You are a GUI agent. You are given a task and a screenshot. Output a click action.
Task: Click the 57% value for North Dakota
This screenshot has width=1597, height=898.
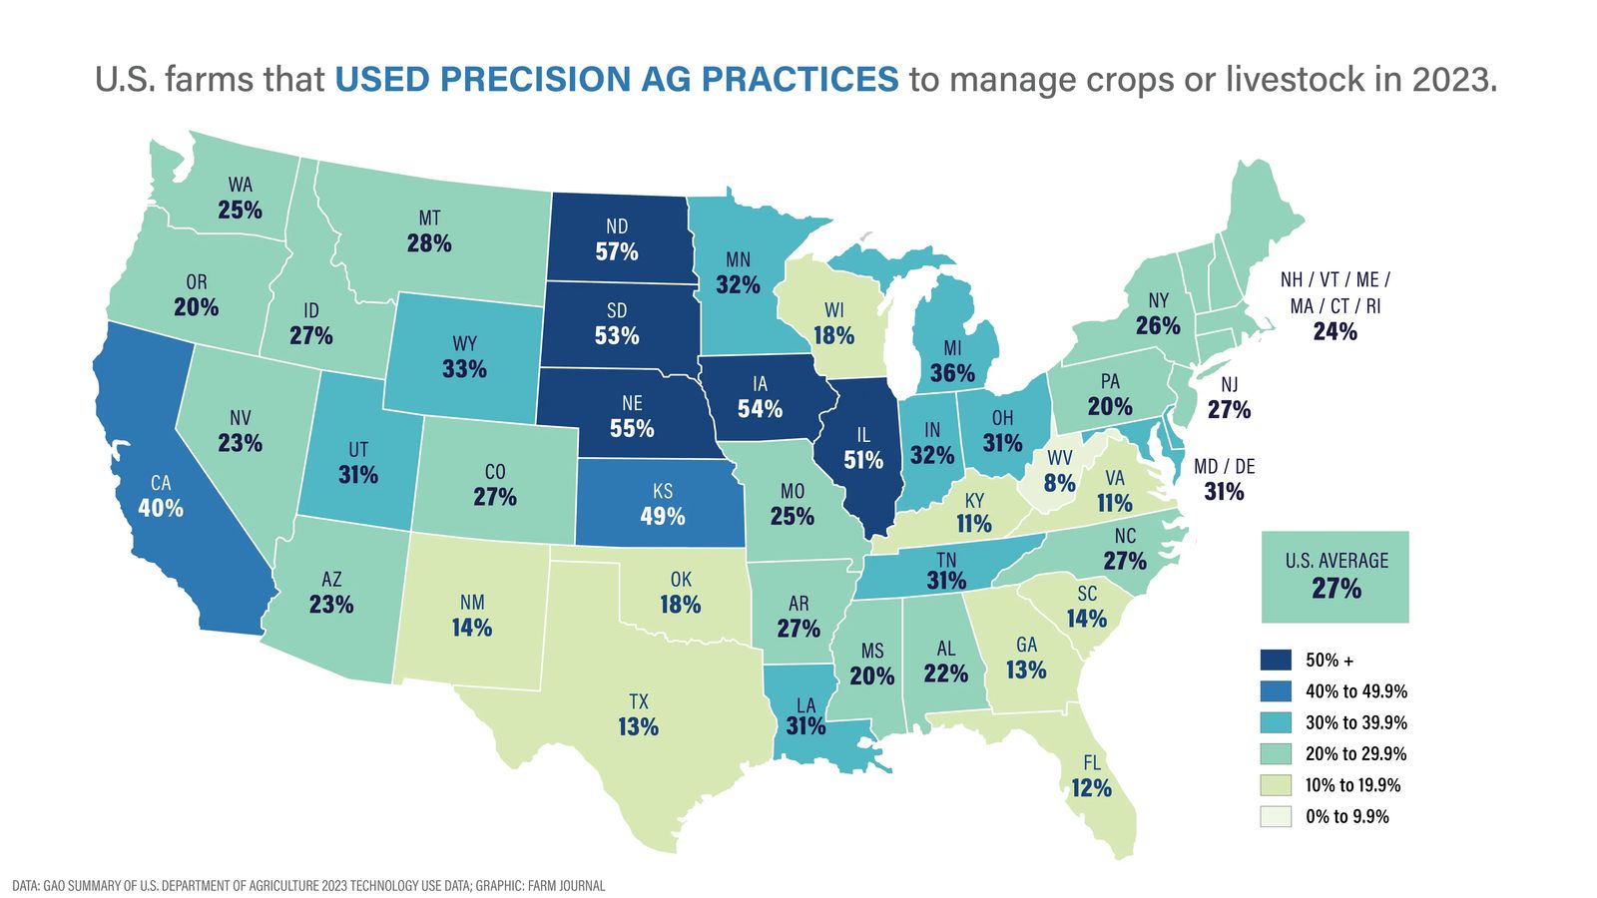coord(617,251)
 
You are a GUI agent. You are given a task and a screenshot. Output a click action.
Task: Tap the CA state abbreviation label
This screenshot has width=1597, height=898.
coord(161,483)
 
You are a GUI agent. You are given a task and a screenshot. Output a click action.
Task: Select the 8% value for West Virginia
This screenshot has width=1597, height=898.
coord(1059,484)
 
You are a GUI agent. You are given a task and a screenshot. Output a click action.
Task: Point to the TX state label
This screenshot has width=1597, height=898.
coord(638,702)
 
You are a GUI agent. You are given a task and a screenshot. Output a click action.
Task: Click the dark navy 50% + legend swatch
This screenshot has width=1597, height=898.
coord(1276,661)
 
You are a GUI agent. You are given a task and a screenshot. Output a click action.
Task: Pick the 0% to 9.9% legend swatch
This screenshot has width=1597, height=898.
coord(1276,816)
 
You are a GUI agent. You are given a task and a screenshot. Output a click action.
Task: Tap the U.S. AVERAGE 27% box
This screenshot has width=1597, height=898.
coord(1335,577)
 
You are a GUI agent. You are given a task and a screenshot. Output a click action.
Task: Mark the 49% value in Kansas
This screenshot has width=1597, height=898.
coord(663,516)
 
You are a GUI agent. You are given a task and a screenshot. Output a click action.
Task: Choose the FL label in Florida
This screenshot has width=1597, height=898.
coord(1092,763)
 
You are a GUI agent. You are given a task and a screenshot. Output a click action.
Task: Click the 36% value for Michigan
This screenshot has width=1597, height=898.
coord(952,373)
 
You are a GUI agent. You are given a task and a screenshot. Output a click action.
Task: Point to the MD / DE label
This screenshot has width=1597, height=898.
coord(1225,467)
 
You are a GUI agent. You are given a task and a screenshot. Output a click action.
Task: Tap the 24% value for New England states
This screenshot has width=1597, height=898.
coord(1334,331)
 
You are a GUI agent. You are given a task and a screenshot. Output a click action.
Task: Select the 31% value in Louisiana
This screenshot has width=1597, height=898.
coord(805,726)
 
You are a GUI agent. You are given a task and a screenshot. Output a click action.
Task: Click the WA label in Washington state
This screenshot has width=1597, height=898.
coord(240,185)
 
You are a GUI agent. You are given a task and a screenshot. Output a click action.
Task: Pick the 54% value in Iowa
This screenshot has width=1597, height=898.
coord(760,408)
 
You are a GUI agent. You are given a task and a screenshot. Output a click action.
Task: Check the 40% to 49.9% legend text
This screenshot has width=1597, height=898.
coord(1356,691)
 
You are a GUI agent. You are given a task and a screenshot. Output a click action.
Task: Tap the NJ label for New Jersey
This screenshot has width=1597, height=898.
coord(1229,385)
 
